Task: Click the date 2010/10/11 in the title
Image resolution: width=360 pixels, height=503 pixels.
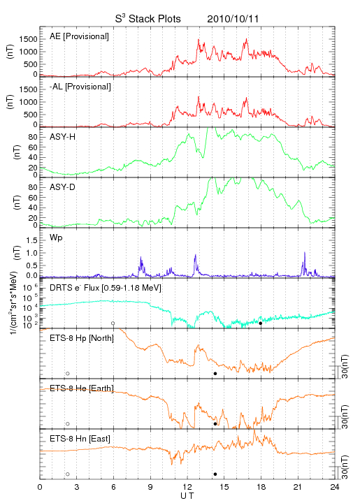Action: click(233, 19)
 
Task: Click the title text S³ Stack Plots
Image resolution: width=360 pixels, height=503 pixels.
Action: click(148, 18)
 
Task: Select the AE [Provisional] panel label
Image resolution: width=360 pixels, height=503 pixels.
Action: click(79, 36)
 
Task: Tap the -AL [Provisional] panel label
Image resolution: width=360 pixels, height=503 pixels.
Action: click(80, 87)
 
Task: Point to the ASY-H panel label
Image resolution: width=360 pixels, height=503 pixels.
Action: click(63, 137)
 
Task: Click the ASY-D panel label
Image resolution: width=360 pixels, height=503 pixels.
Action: click(63, 187)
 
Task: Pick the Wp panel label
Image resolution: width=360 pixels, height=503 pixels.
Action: click(56, 238)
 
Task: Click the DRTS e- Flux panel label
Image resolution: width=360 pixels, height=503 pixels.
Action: click(106, 288)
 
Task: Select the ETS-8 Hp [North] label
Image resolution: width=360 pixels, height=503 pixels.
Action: click(82, 338)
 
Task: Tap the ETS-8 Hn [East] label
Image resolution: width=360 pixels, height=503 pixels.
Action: click(80, 439)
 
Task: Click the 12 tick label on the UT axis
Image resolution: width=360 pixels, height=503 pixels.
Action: click(187, 487)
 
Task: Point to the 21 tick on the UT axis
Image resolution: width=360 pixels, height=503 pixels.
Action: click(298, 487)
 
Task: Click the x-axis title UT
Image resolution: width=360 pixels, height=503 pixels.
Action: click(187, 496)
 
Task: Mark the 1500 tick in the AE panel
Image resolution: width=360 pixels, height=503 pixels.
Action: click(28, 39)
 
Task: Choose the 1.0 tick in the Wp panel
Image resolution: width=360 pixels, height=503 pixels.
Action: click(31, 253)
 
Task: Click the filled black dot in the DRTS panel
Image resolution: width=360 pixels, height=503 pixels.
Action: click(261, 323)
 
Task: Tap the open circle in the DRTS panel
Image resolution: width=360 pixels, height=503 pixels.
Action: click(113, 323)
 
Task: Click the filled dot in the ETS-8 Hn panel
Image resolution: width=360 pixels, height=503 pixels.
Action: click(215, 474)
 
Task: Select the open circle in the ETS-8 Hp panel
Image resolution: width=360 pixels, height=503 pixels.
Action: click(68, 374)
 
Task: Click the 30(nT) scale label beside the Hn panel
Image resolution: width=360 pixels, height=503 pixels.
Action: click(345, 467)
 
